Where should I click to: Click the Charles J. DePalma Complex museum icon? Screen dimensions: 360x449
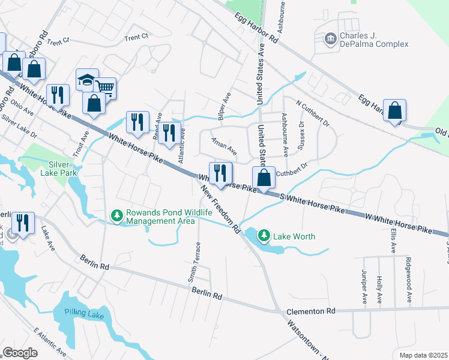pos(330,39)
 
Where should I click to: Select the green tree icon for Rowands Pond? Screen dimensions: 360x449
pos(116,214)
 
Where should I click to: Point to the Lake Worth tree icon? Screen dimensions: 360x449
pos(265,236)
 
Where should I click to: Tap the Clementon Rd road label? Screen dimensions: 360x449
pos(310,311)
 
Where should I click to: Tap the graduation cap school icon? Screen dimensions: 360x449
pos(87,79)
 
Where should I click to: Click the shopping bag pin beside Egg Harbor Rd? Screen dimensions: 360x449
pos(394,111)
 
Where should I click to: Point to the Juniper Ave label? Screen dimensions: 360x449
pos(364,290)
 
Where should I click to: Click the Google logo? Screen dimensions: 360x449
pos(20,352)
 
